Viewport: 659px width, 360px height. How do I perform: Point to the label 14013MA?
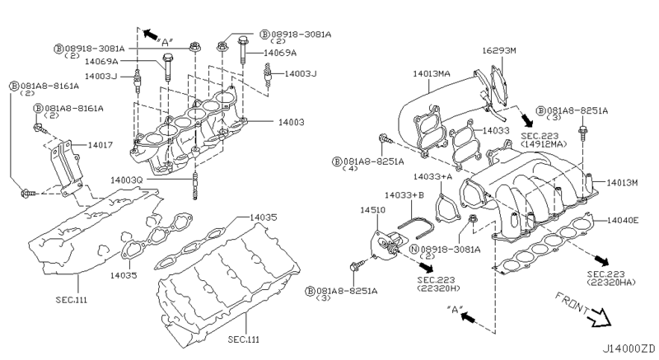[x=432, y=74]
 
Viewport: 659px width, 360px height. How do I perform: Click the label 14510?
[x=372, y=210]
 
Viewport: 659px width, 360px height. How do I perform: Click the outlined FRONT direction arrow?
[x=593, y=311]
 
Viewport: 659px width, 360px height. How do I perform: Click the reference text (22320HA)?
[x=610, y=282]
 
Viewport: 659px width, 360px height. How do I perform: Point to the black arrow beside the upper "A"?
[x=152, y=33]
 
